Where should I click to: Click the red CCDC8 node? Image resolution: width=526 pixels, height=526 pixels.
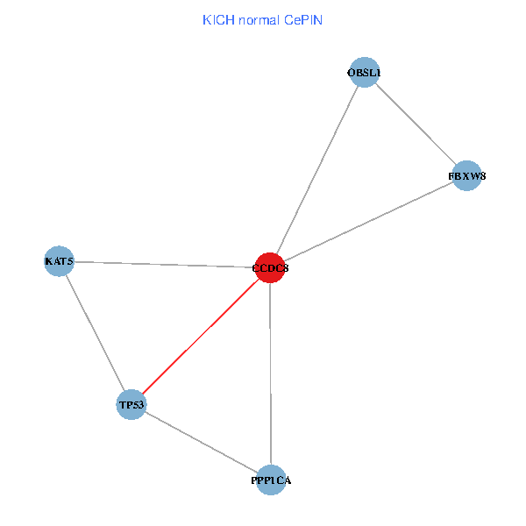(x=270, y=267)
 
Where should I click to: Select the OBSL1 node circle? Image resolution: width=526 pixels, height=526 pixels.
(x=363, y=72)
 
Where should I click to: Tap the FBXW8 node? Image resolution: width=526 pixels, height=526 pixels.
(x=466, y=175)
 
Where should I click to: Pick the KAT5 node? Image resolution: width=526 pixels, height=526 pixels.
(x=59, y=260)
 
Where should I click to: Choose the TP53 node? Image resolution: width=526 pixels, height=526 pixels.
(x=131, y=404)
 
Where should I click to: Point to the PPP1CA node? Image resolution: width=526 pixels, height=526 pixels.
(x=271, y=480)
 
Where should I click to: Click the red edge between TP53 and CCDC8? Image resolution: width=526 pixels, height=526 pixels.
(x=201, y=336)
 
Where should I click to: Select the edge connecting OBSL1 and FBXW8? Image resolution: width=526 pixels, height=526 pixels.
(x=415, y=124)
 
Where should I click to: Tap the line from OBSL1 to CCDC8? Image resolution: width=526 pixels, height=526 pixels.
(x=316, y=170)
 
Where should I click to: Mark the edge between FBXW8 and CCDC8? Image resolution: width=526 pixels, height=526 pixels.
(x=368, y=221)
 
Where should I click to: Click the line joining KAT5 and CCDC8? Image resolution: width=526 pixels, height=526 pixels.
(x=165, y=264)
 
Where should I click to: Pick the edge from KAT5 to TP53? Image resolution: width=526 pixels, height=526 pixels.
(x=95, y=332)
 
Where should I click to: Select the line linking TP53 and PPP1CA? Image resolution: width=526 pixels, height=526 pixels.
(x=201, y=442)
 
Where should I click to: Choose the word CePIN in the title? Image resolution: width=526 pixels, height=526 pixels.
(x=303, y=19)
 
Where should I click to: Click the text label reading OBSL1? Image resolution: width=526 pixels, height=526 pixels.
(x=364, y=73)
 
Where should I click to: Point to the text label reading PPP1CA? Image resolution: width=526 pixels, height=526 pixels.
(x=271, y=481)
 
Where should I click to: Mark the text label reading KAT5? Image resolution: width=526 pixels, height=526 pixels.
(x=60, y=261)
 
